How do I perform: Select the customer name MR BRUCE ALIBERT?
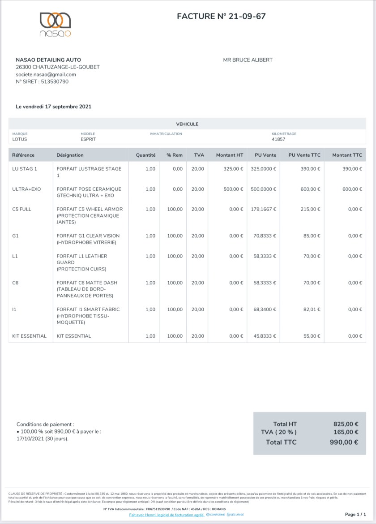click(248, 60)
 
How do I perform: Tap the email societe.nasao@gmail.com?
click(46, 74)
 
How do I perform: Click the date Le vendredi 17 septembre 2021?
click(54, 107)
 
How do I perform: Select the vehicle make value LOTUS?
click(20, 139)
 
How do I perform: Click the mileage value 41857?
click(278, 139)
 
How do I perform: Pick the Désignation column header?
click(70, 155)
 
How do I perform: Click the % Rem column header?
click(174, 155)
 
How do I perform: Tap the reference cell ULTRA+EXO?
click(26, 189)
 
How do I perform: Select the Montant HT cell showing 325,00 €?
click(233, 169)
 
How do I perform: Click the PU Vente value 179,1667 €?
click(263, 209)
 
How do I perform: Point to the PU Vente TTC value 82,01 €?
click(312, 309)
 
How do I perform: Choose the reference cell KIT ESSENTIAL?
click(30, 336)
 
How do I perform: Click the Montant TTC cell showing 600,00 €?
click(352, 189)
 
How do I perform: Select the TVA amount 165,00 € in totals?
click(346, 432)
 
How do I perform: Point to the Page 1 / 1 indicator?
click(356, 515)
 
